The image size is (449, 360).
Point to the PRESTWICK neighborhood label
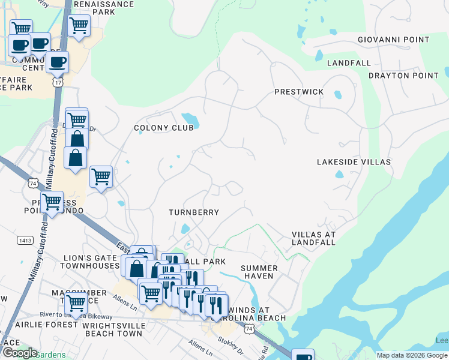[x=299, y=92]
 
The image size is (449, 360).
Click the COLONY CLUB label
[x=164, y=128]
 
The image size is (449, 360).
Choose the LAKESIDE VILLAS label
[x=354, y=162]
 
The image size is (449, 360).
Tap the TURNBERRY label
[x=193, y=212]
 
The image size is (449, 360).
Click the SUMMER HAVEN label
[x=259, y=272]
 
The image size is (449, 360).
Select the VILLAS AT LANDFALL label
[x=313, y=238]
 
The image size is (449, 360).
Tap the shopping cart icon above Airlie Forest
[x=76, y=303]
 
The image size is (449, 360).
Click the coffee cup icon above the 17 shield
[x=58, y=61]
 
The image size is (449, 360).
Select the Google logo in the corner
[x=19, y=353]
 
